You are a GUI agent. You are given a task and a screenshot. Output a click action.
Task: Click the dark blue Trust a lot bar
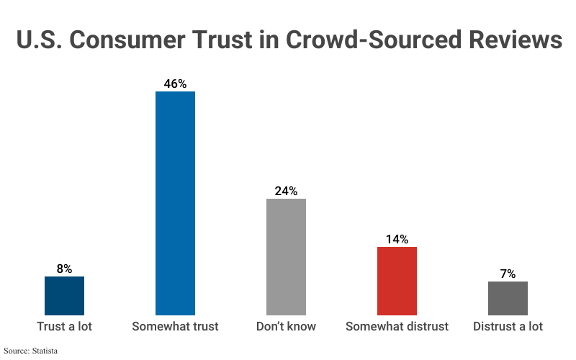(65, 296)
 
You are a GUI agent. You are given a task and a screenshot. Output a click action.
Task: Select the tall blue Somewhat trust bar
(176, 203)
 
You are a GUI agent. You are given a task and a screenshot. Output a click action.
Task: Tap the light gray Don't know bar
(286, 257)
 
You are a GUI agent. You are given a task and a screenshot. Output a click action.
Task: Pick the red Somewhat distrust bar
(397, 281)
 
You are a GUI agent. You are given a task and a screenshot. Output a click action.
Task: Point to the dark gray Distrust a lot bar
(508, 298)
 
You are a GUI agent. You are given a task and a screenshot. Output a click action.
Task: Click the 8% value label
(65, 269)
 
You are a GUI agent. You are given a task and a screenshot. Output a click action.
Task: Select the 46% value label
(175, 84)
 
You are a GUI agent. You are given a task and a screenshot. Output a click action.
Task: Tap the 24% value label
(286, 191)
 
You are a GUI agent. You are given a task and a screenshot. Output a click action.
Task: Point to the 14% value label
(397, 239)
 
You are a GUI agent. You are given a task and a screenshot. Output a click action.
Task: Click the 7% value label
(508, 274)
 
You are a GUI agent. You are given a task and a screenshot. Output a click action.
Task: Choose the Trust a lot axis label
(65, 327)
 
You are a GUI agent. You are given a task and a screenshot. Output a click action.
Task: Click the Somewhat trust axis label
(175, 327)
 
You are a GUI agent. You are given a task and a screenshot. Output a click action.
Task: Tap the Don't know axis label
(286, 327)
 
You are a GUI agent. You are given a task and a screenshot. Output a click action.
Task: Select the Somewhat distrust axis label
(397, 327)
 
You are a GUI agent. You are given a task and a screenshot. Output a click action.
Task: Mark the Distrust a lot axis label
(508, 327)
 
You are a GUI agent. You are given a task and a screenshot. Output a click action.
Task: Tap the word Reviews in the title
(514, 40)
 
